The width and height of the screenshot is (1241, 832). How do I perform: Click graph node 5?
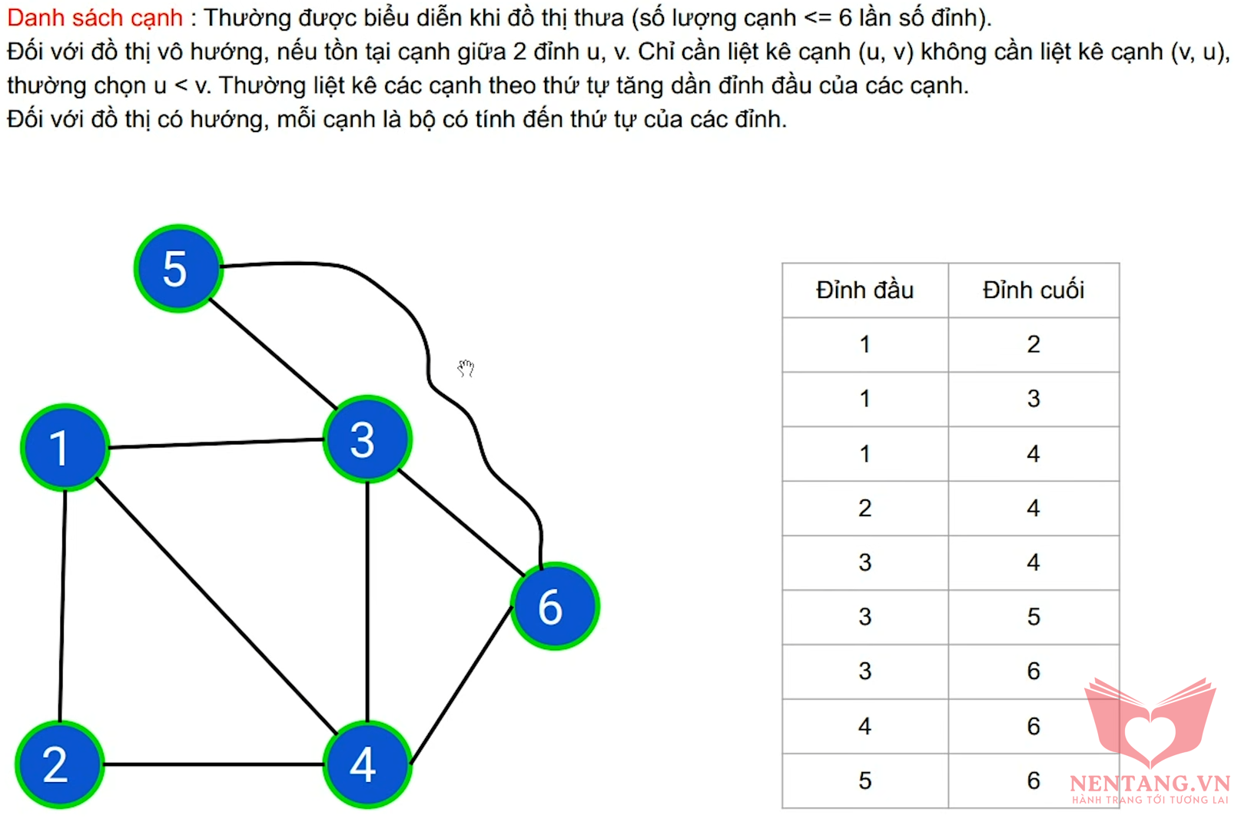tap(178, 269)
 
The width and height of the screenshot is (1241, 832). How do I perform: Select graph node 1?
tap(65, 448)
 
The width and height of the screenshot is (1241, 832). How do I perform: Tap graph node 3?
tap(367, 439)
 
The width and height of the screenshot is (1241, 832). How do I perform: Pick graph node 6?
tap(555, 606)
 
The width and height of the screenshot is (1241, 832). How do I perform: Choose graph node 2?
tap(59, 765)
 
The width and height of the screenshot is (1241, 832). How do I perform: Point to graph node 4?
tap(367, 765)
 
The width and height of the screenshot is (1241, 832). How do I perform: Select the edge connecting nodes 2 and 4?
tap(214, 765)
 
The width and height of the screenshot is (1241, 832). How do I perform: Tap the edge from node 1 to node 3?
tap(216, 443)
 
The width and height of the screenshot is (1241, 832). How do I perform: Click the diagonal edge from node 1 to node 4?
tap(216, 606)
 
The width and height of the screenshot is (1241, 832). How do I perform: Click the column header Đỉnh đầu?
tap(864, 290)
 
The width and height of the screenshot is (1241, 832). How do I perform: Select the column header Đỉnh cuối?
tap(1034, 290)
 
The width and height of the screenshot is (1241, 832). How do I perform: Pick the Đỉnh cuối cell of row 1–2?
tap(1034, 344)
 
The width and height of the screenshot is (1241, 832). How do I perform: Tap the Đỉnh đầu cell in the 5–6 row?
tap(864, 781)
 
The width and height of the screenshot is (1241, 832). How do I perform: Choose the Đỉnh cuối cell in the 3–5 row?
tap(1034, 617)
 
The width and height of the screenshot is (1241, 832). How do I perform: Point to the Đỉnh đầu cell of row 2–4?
tap(864, 508)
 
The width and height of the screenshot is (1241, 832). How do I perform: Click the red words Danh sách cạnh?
tap(95, 18)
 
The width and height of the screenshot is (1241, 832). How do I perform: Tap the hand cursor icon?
tap(466, 368)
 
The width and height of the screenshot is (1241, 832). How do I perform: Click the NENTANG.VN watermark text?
tap(1150, 784)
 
